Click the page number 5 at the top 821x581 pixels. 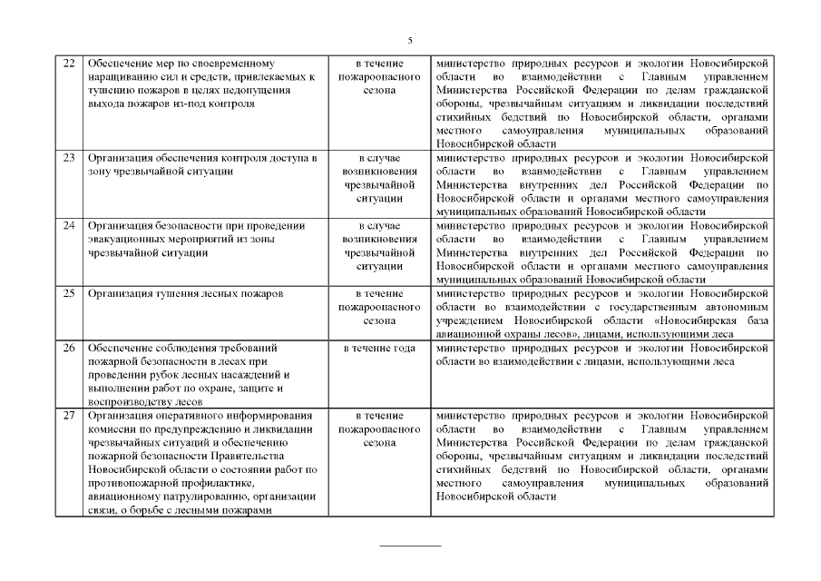pyautogui.click(x=410, y=41)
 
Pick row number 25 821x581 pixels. pyautogui.click(x=68, y=294)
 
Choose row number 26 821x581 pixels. pyautogui.click(x=68, y=348)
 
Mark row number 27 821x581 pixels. pyautogui.click(x=68, y=416)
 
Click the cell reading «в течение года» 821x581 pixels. pyautogui.click(x=379, y=348)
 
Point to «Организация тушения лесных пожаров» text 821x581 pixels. pyautogui.click(x=185, y=294)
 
